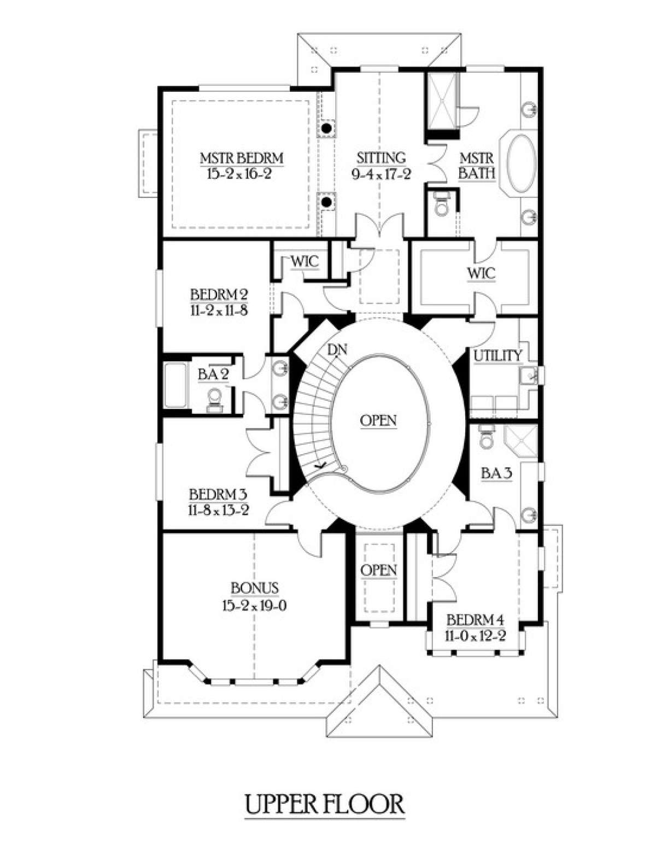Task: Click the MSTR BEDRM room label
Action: tap(241, 159)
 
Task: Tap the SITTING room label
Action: tap(381, 158)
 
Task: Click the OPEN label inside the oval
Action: tap(378, 421)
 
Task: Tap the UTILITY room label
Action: tap(497, 356)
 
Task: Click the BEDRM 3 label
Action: tap(218, 495)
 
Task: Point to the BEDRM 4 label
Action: tap(475, 620)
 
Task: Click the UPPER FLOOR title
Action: tap(324, 804)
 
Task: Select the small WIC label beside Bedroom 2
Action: tap(304, 261)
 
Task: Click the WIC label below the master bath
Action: tap(481, 273)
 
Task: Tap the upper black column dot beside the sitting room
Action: tap(326, 128)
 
